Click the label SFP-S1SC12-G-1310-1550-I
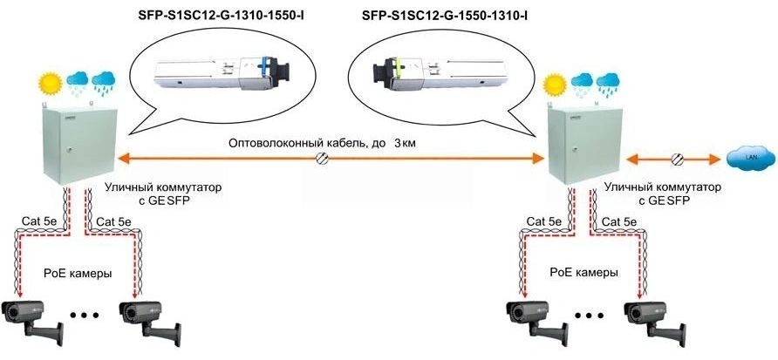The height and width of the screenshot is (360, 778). click(x=222, y=16)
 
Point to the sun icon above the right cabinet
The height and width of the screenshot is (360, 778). click(x=551, y=85)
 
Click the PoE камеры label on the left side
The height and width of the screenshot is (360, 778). click(x=78, y=274)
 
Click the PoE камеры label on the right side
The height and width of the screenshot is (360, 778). click(x=583, y=273)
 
